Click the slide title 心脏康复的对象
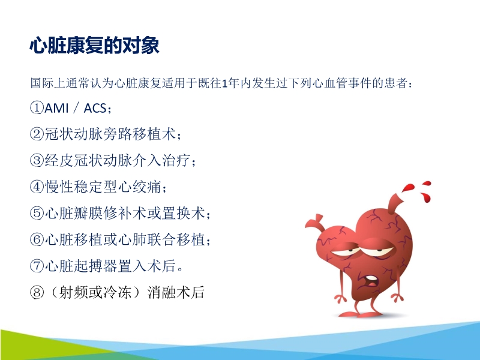tap(94, 46)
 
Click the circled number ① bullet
tap(37, 108)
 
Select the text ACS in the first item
tap(96, 108)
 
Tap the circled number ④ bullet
tap(37, 187)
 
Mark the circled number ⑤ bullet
tap(37, 214)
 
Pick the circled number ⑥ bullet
tap(37, 240)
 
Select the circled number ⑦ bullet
tap(37, 266)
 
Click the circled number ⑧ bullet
tap(37, 293)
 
